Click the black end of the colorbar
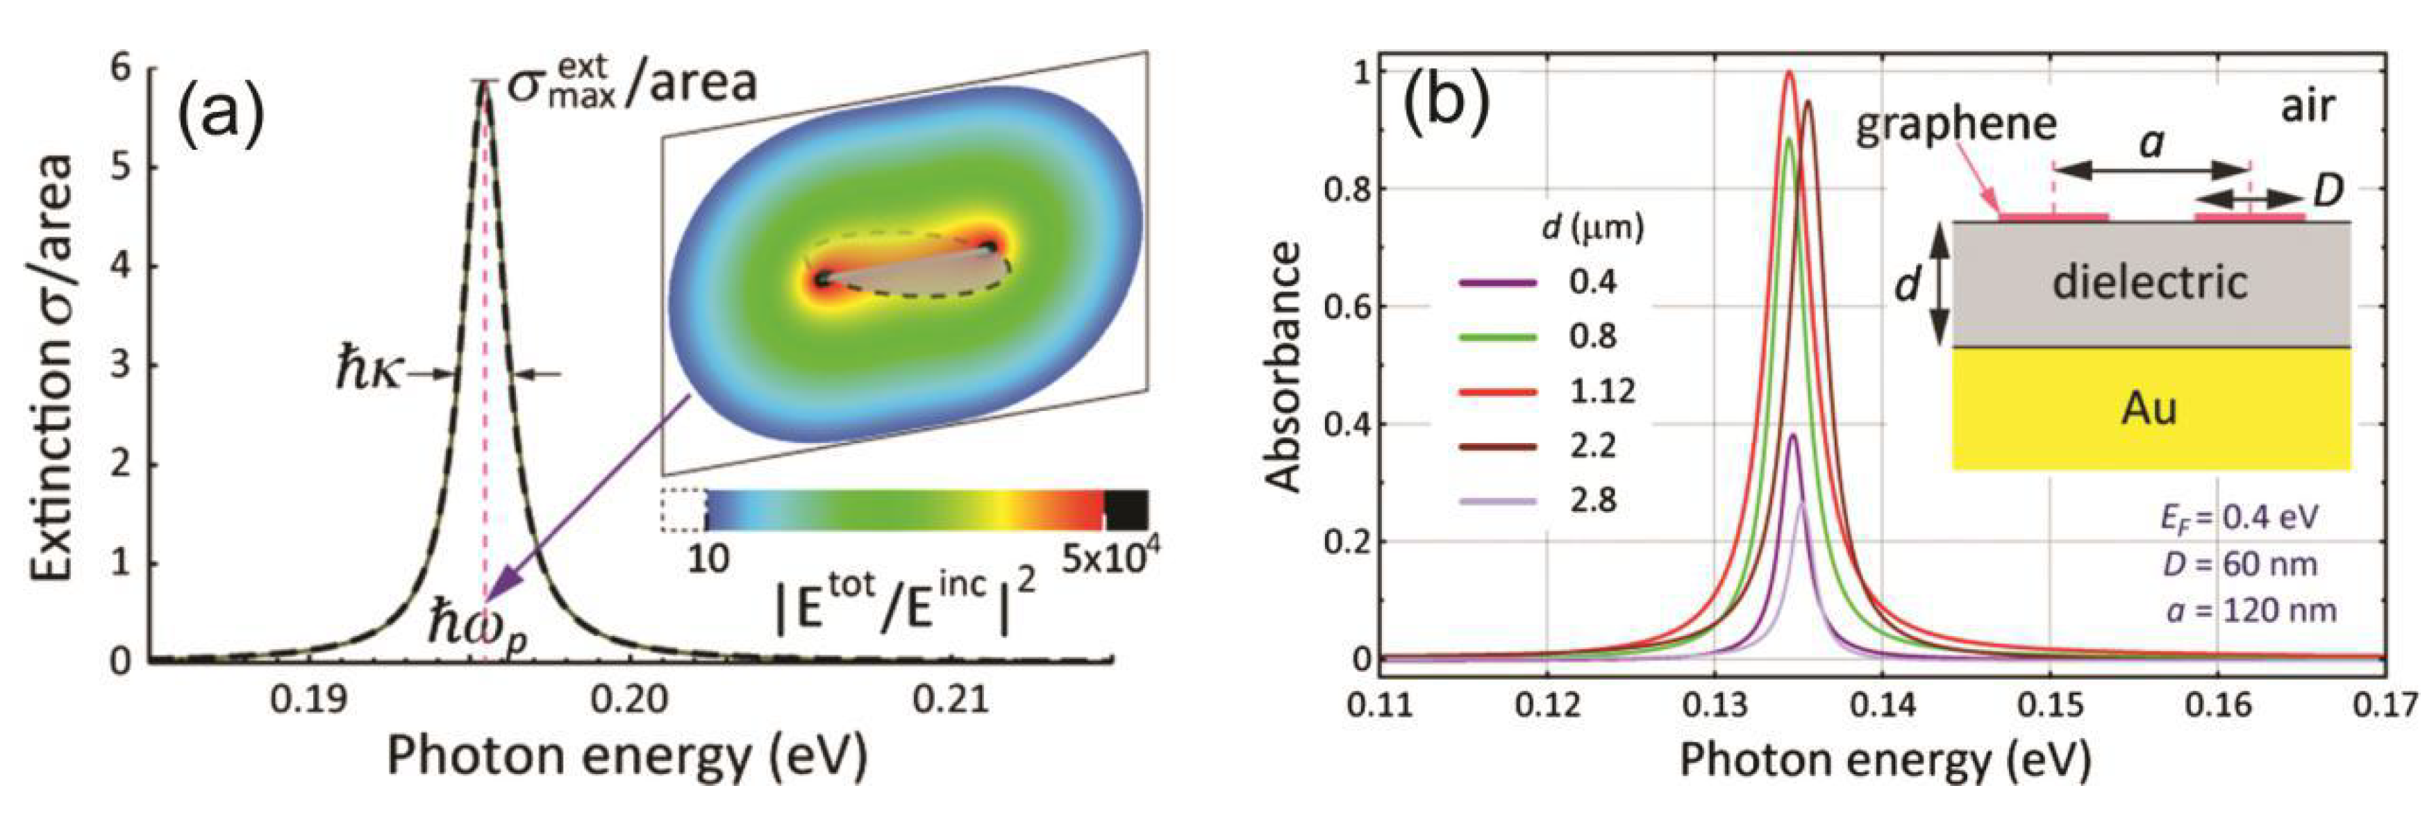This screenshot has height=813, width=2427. (x=1125, y=510)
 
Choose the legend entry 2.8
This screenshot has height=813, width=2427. (x=1593, y=501)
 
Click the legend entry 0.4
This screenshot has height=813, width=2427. (x=1593, y=282)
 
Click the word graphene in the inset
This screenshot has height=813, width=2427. (x=1956, y=125)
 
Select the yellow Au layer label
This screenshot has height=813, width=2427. (x=2149, y=409)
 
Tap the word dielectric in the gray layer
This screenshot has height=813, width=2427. (x=2150, y=282)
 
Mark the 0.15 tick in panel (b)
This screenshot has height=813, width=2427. (x=2050, y=705)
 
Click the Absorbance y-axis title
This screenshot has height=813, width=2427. (x=1283, y=367)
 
